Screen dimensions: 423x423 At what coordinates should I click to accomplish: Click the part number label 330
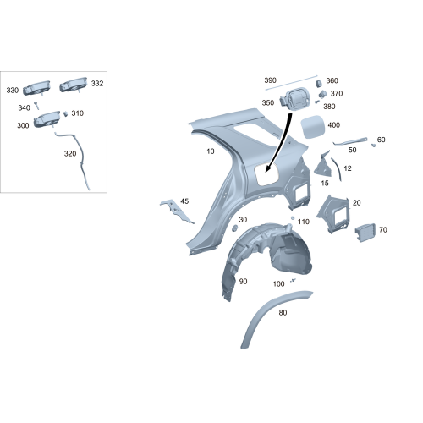[12, 90]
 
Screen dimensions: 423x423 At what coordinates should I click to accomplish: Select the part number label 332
[97, 84]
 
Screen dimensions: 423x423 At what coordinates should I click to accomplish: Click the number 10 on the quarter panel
[210, 151]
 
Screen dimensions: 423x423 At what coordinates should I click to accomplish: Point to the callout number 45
[184, 201]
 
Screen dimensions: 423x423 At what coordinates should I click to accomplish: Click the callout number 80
[283, 312]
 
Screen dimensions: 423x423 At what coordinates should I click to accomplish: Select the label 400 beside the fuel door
[333, 125]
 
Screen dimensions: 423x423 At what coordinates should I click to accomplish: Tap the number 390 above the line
[271, 80]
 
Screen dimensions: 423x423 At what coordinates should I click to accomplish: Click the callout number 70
[383, 229]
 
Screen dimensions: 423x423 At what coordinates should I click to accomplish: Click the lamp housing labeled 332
[74, 85]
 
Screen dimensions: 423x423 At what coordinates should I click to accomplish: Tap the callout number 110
[304, 221]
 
